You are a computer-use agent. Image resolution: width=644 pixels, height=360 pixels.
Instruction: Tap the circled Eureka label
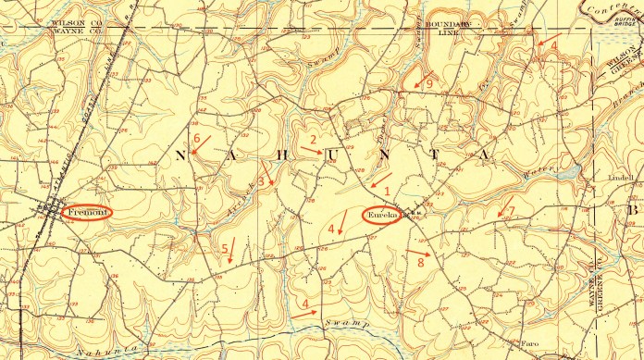[x=381, y=217]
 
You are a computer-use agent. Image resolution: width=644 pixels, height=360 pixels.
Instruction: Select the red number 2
[x=314, y=140]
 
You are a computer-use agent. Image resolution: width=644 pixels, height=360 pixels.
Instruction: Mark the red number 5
[x=225, y=248]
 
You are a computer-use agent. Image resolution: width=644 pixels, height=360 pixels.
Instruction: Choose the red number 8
[x=421, y=263]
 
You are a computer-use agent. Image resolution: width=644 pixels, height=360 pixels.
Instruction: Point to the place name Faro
[x=528, y=341]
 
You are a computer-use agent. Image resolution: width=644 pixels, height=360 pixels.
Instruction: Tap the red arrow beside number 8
[x=418, y=251]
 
